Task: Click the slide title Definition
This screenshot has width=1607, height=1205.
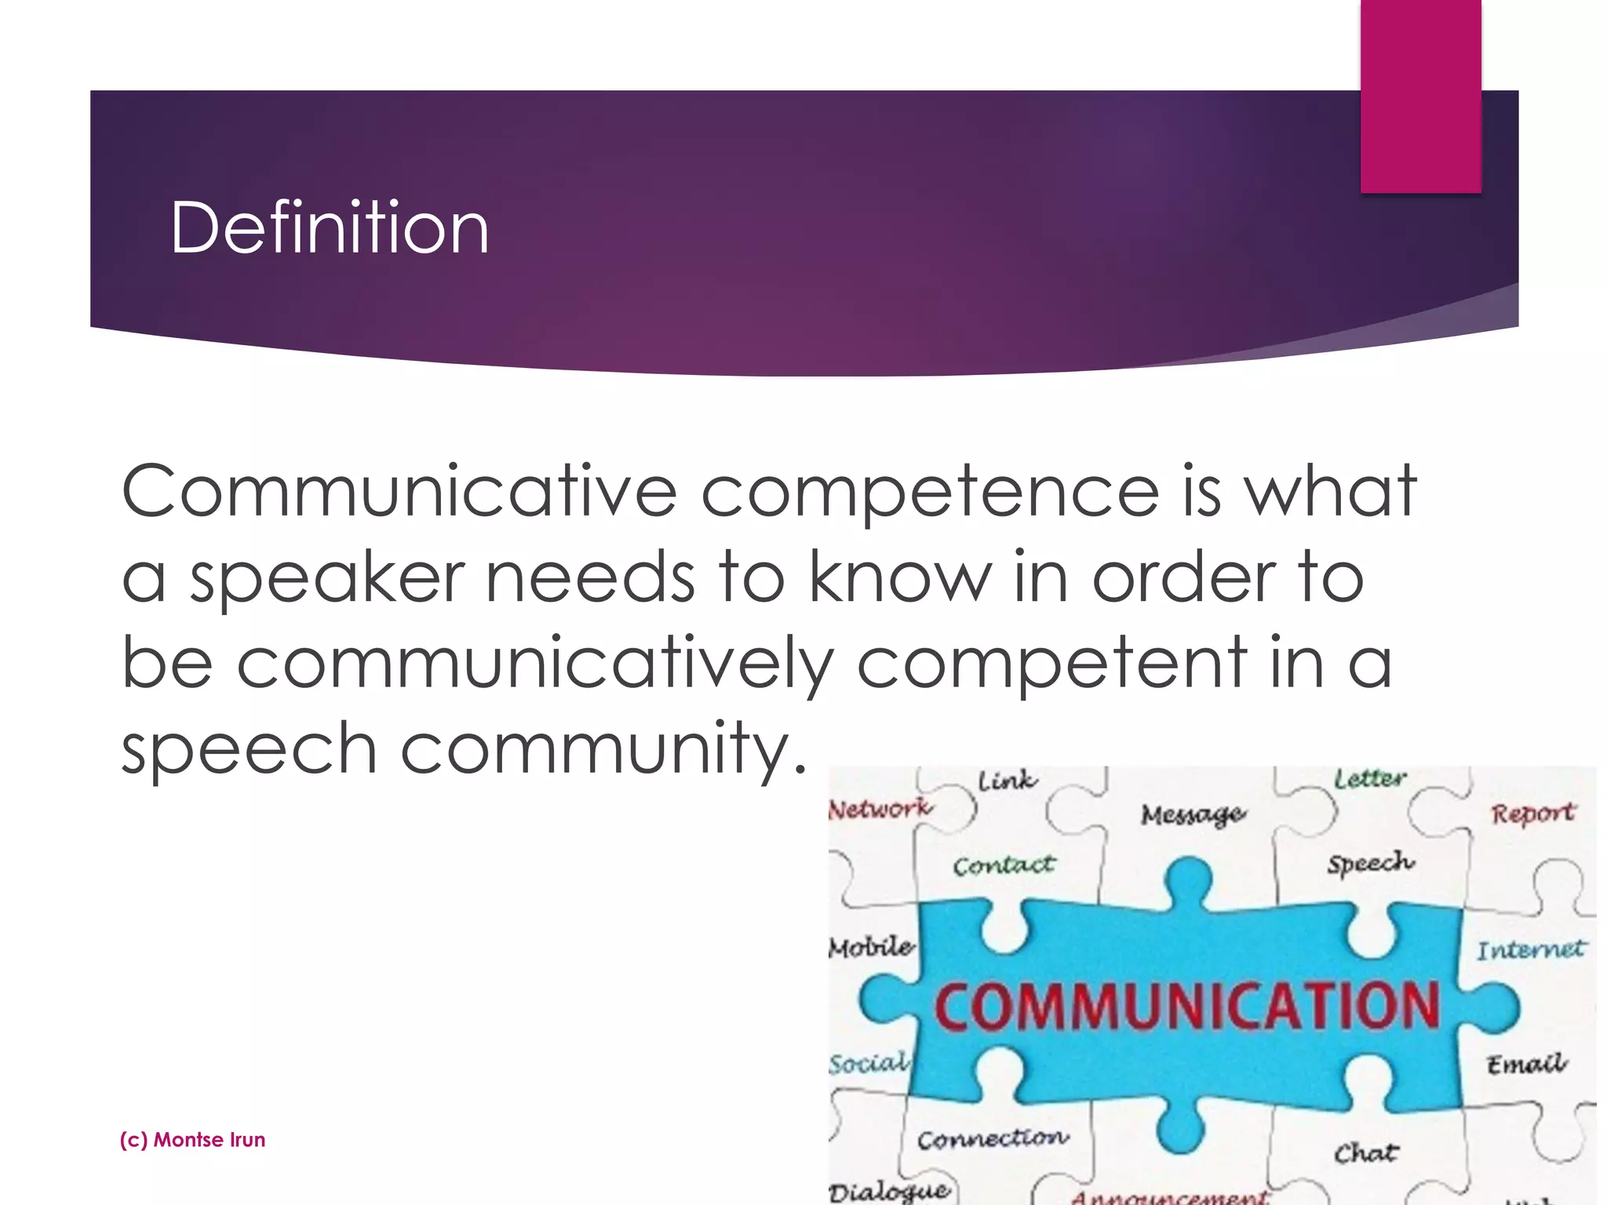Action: [x=330, y=228]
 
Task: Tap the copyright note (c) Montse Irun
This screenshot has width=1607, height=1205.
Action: [x=192, y=1139]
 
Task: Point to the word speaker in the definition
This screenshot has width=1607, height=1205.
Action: [x=328, y=579]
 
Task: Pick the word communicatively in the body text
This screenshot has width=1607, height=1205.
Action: [x=534, y=664]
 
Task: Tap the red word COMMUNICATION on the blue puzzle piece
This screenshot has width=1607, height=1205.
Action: [x=1186, y=1006]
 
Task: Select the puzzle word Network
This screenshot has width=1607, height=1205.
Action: [x=880, y=808]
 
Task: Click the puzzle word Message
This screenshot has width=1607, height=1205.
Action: [x=1193, y=814]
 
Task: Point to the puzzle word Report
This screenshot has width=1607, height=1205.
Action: [x=1532, y=813]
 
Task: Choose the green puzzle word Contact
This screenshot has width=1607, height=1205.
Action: [x=1004, y=865]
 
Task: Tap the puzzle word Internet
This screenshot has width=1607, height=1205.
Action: [x=1530, y=950]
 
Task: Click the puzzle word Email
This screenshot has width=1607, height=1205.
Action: [x=1526, y=1064]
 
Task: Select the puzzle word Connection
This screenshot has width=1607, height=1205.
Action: [x=993, y=1138]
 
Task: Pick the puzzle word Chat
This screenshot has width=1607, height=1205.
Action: [x=1366, y=1152]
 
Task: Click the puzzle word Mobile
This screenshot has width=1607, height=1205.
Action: [x=871, y=947]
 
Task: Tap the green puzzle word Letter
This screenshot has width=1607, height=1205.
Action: [x=1370, y=778]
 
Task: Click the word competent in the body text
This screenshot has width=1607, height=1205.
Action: [x=1051, y=664]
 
